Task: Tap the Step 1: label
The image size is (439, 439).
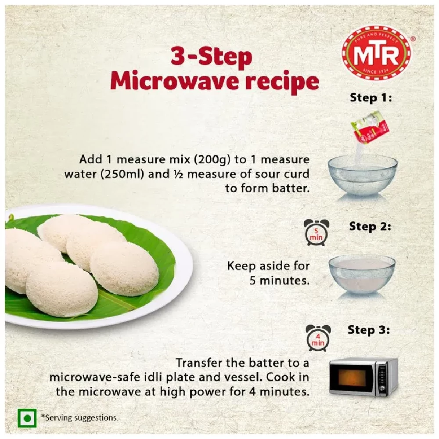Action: (x=370, y=98)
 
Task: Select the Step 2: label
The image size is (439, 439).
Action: (x=369, y=227)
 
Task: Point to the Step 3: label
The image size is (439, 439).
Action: (x=368, y=330)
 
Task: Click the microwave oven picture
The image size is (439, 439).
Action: (x=363, y=377)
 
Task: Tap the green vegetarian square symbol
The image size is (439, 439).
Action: (x=26, y=418)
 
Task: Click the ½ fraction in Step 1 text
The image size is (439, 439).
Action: (x=178, y=174)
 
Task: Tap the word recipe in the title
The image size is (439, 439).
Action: (x=281, y=82)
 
